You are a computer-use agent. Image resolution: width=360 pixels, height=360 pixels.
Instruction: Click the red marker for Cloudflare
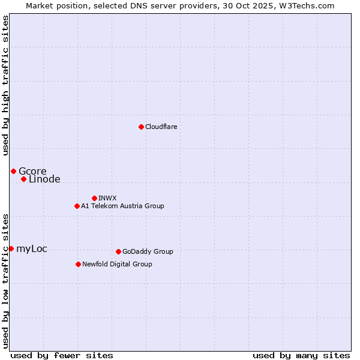click(141, 127)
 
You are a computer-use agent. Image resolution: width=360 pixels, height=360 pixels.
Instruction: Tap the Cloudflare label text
click(161, 127)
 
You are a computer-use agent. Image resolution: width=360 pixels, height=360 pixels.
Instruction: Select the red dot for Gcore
click(13, 171)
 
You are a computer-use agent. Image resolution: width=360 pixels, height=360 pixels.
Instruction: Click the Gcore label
click(32, 172)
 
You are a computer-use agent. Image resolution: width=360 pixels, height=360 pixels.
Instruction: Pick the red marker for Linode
click(23, 179)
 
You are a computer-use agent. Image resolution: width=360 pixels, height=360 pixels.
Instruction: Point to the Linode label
click(44, 179)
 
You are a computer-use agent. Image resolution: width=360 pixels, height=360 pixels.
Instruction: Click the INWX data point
click(94, 198)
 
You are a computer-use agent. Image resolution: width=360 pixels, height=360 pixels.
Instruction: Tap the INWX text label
click(107, 199)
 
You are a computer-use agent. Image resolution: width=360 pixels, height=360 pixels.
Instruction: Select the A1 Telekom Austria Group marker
click(77, 206)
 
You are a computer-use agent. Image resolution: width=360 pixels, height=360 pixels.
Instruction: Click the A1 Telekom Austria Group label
click(122, 206)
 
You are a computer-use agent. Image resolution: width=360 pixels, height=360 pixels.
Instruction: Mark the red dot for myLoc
click(11, 248)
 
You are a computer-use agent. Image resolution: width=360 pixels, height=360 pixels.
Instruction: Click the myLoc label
click(32, 249)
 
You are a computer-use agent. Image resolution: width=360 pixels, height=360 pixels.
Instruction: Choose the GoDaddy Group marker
click(118, 251)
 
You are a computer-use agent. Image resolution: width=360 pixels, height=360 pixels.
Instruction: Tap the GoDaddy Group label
click(148, 252)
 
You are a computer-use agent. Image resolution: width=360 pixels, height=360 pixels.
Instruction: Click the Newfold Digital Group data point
click(78, 264)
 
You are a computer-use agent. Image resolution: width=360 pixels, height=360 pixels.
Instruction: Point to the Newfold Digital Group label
click(117, 265)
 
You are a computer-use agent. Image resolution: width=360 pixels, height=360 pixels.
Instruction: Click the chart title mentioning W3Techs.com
click(180, 5)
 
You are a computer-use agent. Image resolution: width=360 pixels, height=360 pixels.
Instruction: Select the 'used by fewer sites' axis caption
click(62, 355)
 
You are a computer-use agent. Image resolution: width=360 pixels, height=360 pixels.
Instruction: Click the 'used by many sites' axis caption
click(301, 355)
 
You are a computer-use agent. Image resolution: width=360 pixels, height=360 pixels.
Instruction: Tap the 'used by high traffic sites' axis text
click(5, 85)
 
